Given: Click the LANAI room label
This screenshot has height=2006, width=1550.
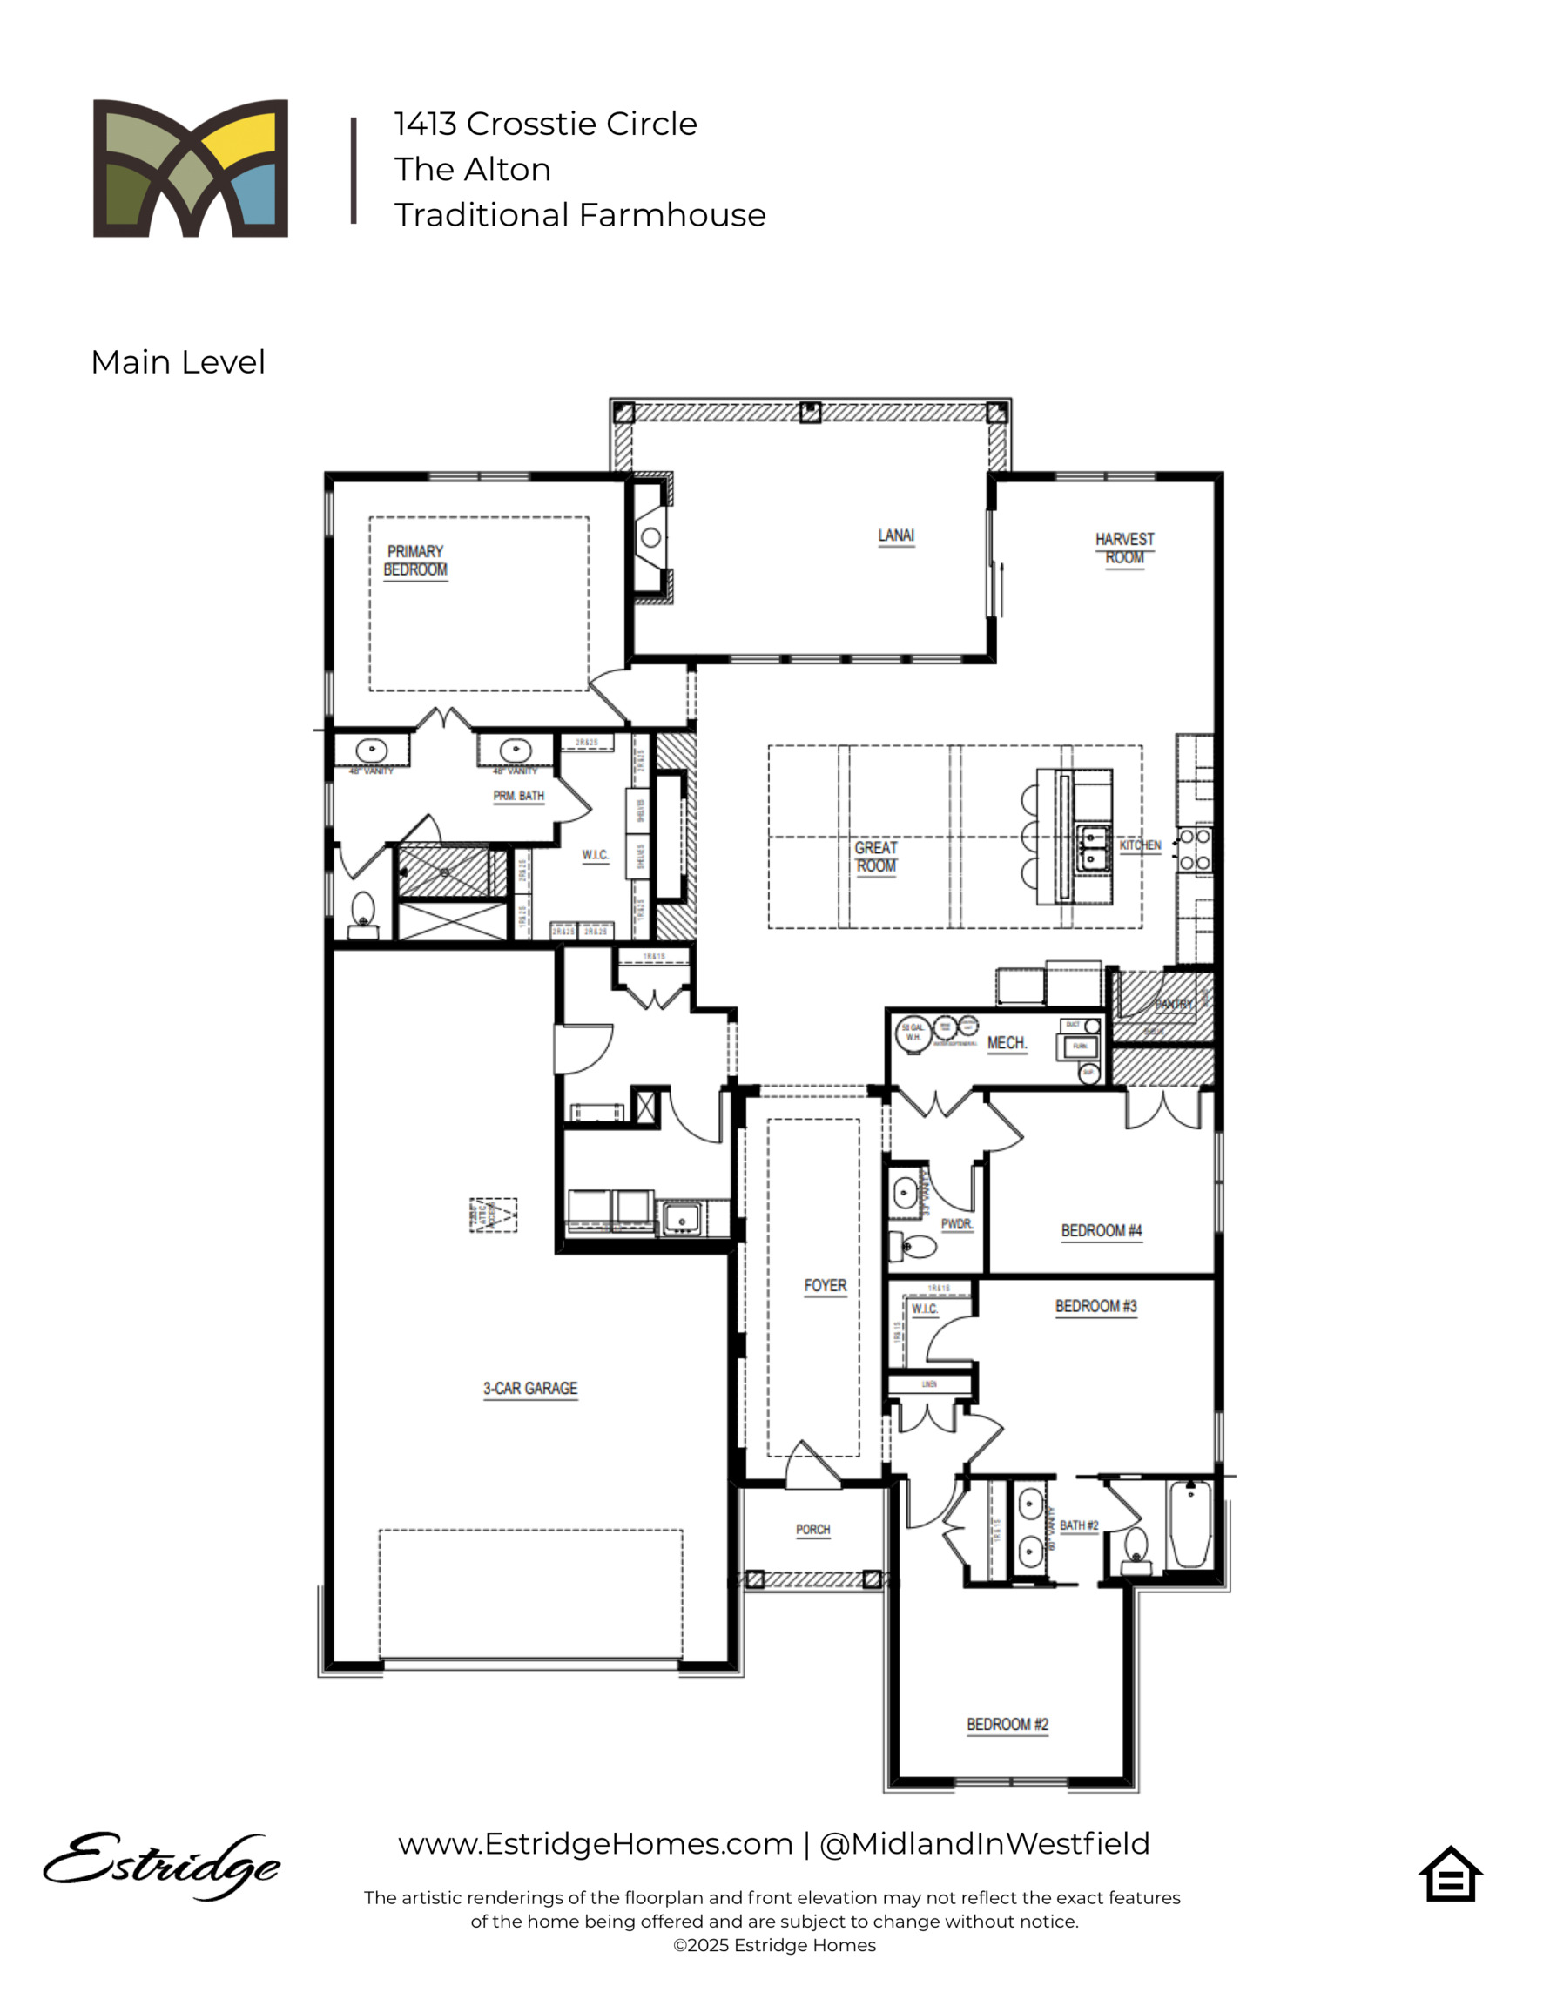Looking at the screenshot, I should [x=896, y=535].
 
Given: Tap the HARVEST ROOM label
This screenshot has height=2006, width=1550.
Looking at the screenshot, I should [x=1123, y=549].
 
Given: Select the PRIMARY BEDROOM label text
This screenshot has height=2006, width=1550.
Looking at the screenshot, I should [x=415, y=561].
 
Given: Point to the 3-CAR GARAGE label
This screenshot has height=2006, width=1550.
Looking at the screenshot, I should [x=530, y=1388].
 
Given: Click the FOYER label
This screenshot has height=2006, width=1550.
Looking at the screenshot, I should [x=826, y=1285].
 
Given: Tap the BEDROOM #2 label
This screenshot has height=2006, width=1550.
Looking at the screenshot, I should [x=1007, y=1724].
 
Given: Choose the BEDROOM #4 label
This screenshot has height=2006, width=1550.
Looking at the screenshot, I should [x=1101, y=1230].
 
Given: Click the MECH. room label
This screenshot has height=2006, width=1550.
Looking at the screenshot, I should [x=1007, y=1042].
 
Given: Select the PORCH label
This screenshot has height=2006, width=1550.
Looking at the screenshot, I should [x=812, y=1529].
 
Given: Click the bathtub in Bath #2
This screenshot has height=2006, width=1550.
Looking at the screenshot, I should [x=1189, y=1524].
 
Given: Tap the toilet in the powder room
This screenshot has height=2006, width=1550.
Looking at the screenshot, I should [x=914, y=1247].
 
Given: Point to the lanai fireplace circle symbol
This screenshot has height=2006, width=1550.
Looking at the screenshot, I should [x=650, y=538].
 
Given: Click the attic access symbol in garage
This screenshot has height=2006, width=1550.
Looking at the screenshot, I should [x=494, y=1215].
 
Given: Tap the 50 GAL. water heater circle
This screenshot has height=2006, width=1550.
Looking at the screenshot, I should [x=913, y=1033].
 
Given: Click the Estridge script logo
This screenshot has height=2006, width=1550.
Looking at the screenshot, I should [x=161, y=1865].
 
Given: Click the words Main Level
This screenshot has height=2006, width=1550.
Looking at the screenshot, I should [x=178, y=362].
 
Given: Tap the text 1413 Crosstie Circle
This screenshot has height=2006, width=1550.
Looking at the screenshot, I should [x=545, y=123].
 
